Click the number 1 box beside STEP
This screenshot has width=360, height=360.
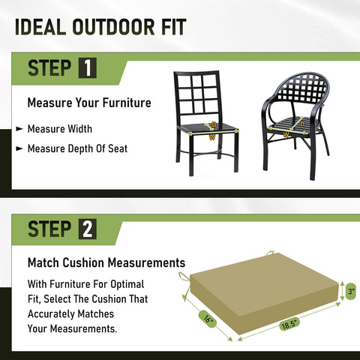(x=88, y=67)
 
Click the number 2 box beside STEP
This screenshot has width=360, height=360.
(x=88, y=229)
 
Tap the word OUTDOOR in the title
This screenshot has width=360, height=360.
(x=114, y=27)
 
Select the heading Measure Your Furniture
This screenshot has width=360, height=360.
(x=89, y=103)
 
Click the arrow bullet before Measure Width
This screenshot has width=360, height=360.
(x=19, y=129)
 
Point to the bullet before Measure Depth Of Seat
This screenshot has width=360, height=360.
(x=19, y=148)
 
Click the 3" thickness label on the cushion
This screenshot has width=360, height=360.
(x=351, y=292)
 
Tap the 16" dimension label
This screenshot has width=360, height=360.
(x=208, y=319)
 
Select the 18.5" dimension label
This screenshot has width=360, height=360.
(x=289, y=324)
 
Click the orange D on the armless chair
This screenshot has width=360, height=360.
(x=214, y=124)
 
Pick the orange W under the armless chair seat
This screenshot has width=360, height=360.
(x=212, y=137)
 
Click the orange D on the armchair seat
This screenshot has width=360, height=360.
(x=302, y=124)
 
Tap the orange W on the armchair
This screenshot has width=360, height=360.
(x=286, y=135)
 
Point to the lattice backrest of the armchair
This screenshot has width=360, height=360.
(x=302, y=88)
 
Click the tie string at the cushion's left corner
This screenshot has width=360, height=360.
(x=185, y=283)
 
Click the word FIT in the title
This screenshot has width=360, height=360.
(x=174, y=27)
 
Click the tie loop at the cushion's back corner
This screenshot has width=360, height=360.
(x=270, y=253)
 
